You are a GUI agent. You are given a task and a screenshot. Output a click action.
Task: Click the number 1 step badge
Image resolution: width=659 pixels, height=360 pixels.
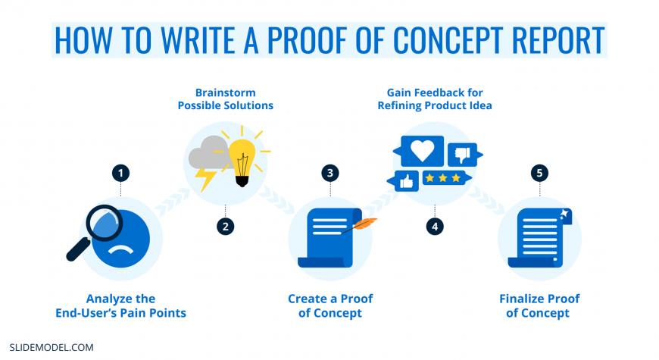120,173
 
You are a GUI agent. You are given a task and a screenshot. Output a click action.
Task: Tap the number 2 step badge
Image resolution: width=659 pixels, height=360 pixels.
225,227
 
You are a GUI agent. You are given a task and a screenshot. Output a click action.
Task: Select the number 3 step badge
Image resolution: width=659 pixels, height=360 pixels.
330,173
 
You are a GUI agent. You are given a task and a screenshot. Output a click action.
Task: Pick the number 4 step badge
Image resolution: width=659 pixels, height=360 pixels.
435,227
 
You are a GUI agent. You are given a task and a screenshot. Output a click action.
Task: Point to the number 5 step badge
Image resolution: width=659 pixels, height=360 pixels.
539,173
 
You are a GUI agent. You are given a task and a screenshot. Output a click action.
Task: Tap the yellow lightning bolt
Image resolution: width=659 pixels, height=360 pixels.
205,180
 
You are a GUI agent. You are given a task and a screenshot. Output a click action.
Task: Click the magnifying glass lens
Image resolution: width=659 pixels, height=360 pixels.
105,223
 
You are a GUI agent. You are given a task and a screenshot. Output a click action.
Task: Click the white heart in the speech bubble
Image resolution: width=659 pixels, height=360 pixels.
422,150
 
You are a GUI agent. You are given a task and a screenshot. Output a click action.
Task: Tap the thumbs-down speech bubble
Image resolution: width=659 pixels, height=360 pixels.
464,155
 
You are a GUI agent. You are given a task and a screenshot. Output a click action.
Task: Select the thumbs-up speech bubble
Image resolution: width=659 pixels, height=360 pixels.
403,181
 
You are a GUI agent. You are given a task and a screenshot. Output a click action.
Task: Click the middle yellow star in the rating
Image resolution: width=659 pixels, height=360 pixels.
442,178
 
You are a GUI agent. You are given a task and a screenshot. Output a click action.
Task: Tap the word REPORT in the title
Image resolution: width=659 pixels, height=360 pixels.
558,40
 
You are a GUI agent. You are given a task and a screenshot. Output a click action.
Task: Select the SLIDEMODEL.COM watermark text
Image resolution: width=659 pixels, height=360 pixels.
52,347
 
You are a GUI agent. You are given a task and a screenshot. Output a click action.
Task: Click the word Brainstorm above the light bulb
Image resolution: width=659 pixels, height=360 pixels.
225,92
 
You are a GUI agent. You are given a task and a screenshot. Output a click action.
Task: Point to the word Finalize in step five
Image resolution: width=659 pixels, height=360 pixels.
519,299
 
